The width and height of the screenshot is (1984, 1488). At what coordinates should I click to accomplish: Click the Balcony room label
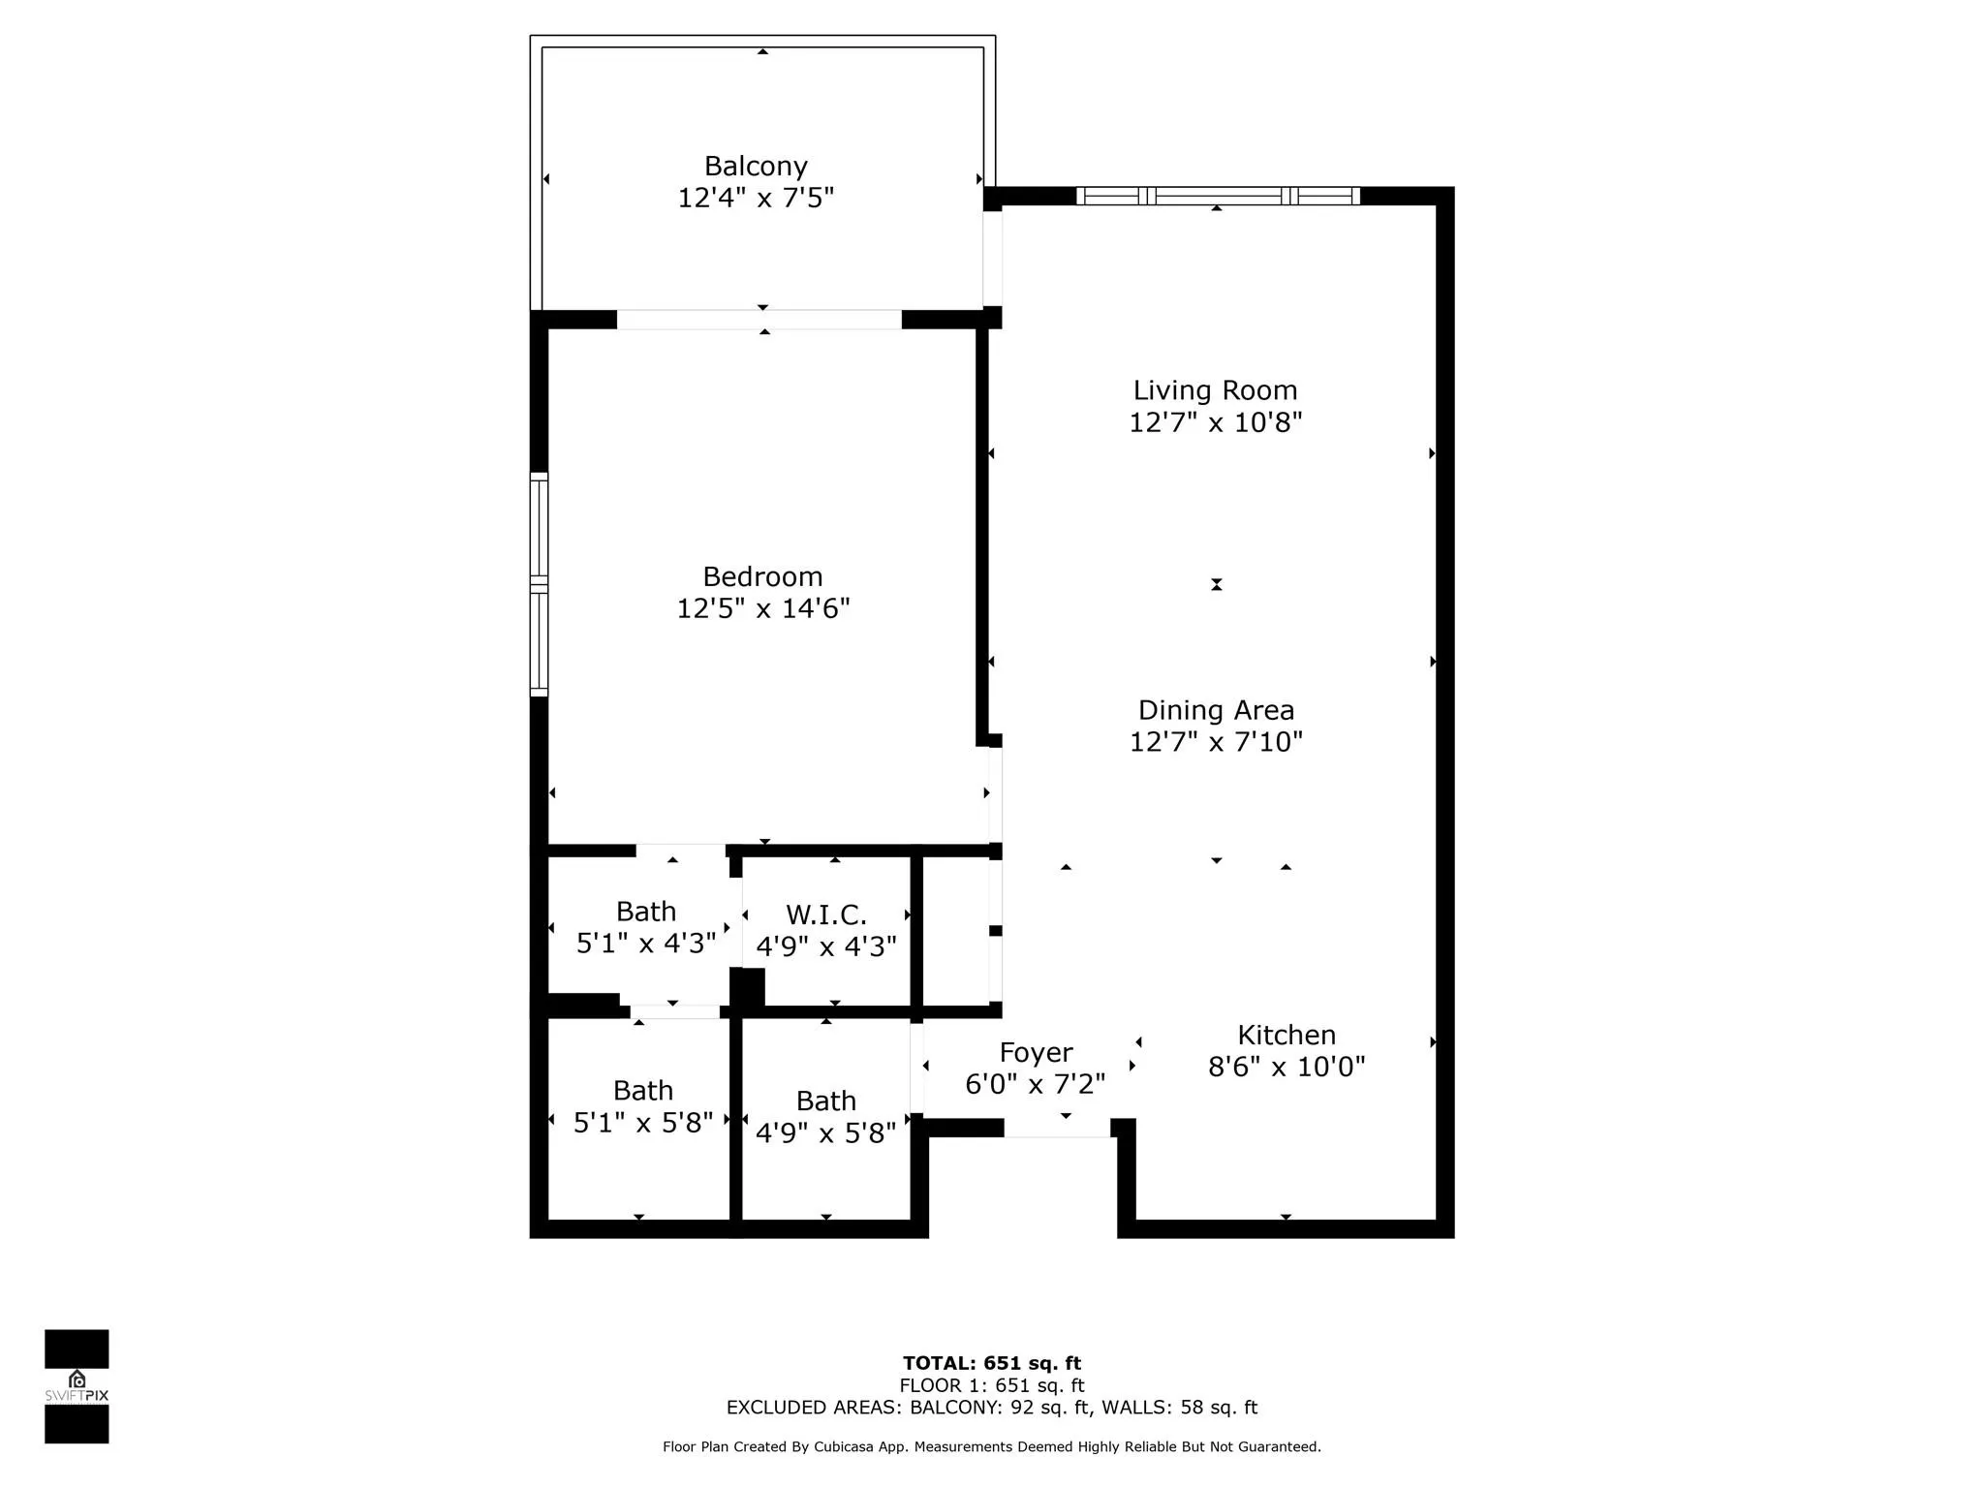click(756, 167)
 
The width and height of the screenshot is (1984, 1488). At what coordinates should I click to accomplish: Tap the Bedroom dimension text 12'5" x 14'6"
click(762, 608)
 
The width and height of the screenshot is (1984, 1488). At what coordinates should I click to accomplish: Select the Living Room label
click(1215, 390)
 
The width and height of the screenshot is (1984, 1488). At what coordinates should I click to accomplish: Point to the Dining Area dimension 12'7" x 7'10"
click(1216, 742)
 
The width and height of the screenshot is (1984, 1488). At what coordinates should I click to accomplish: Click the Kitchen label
click(1286, 1035)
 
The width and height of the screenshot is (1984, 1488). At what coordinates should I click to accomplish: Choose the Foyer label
click(1036, 1052)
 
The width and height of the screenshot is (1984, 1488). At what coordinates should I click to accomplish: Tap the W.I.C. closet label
click(825, 914)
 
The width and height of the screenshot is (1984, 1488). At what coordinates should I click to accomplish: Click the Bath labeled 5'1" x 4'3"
click(645, 927)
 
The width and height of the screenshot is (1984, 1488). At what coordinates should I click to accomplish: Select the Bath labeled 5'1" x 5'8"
click(642, 1106)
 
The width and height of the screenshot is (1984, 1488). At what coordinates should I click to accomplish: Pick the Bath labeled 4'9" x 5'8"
click(825, 1116)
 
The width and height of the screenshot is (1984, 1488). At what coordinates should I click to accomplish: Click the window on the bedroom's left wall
click(539, 584)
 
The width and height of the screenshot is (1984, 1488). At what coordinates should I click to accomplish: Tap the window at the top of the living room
click(1217, 196)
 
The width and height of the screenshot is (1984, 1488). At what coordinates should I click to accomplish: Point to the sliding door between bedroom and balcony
click(759, 319)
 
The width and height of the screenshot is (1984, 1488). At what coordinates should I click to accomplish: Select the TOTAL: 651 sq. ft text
click(991, 1363)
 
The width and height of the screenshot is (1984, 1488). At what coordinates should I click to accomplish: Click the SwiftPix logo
click(77, 1386)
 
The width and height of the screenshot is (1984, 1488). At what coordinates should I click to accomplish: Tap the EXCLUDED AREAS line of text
click(991, 1408)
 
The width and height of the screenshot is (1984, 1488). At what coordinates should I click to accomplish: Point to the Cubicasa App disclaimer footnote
click(991, 1446)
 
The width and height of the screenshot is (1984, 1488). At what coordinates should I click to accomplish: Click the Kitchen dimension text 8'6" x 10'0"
click(1286, 1067)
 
